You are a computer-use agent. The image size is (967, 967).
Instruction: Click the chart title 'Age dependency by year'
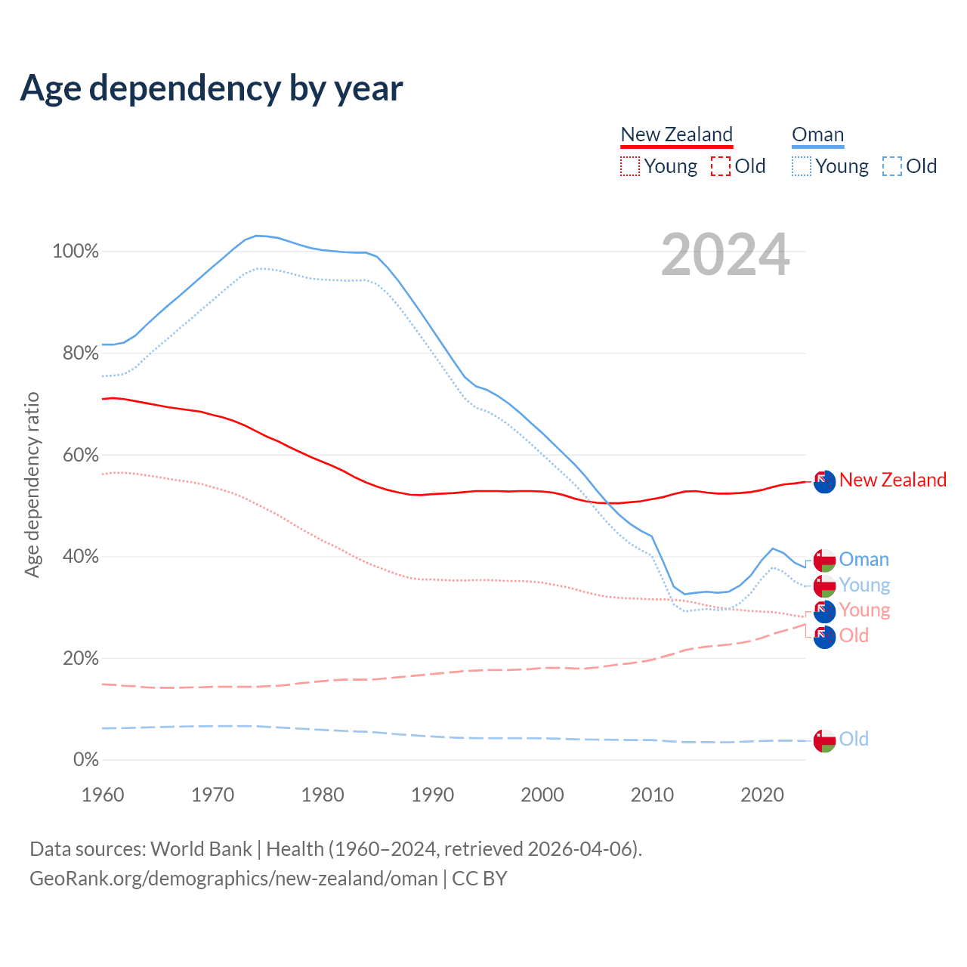(x=212, y=88)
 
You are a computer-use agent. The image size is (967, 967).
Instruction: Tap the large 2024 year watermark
(x=725, y=255)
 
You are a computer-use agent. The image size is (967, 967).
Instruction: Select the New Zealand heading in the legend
(x=676, y=134)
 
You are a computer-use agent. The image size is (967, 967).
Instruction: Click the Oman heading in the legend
(x=817, y=134)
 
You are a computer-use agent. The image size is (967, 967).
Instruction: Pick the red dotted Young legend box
(x=629, y=166)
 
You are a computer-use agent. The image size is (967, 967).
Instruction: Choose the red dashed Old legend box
(x=721, y=166)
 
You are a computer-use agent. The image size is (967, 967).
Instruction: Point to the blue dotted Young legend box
(x=802, y=166)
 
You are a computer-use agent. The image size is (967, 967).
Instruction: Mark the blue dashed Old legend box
(x=892, y=166)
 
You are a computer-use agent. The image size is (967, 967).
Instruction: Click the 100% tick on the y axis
(x=76, y=252)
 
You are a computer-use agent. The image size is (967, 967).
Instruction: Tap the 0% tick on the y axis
(x=85, y=760)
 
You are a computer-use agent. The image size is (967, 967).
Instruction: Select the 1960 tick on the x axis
(x=103, y=795)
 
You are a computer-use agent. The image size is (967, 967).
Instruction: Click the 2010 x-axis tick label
(x=653, y=795)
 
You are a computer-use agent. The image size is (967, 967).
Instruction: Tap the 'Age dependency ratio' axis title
(x=32, y=484)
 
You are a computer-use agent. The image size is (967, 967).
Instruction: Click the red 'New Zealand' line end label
(x=892, y=480)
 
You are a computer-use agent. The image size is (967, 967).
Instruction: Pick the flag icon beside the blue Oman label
(x=824, y=560)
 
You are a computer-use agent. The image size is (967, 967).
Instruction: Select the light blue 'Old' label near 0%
(x=854, y=739)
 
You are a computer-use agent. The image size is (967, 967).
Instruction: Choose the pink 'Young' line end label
(x=864, y=610)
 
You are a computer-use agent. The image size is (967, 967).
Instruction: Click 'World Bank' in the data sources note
(x=201, y=849)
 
